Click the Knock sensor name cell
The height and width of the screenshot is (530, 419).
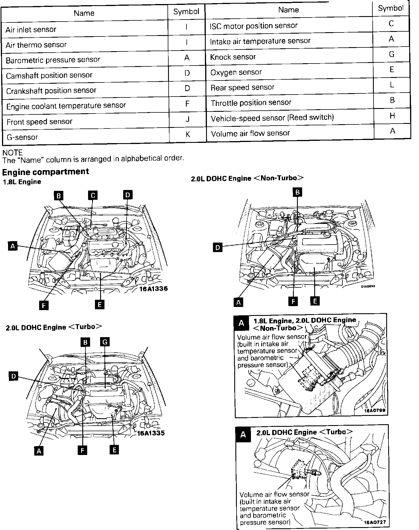(x=233, y=57)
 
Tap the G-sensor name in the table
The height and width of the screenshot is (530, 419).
(x=22, y=137)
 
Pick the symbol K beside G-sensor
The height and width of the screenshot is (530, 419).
(x=188, y=134)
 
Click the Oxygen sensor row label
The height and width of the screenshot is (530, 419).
(x=236, y=72)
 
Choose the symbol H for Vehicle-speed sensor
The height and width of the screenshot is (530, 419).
(x=392, y=116)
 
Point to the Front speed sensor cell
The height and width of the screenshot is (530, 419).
(x=39, y=122)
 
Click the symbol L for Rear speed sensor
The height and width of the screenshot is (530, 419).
(x=392, y=85)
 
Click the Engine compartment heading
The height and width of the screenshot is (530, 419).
(x=45, y=172)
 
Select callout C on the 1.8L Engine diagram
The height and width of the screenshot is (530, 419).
(x=93, y=195)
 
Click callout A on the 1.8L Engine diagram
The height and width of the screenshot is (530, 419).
(x=12, y=246)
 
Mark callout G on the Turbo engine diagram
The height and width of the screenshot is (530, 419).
(x=105, y=342)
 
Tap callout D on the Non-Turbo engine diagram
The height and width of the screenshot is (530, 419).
(x=218, y=247)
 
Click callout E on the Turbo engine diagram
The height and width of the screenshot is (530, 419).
(x=114, y=450)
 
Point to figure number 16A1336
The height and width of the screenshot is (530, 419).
(x=153, y=289)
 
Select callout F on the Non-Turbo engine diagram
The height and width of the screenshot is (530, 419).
(x=293, y=301)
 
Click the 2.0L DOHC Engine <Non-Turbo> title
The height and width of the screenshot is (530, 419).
(x=247, y=178)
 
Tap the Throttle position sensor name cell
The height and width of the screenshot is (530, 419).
(x=251, y=103)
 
